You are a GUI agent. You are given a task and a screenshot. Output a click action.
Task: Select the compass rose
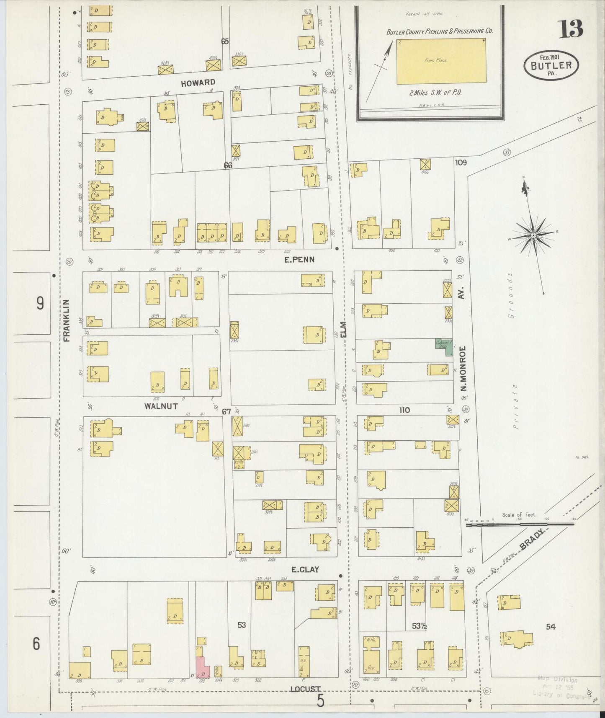533,235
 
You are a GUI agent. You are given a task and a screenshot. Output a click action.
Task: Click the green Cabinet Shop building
443,347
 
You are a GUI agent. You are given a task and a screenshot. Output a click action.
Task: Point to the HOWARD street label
198,83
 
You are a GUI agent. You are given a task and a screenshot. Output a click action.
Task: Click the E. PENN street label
299,260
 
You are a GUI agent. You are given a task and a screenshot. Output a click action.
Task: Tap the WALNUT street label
161,406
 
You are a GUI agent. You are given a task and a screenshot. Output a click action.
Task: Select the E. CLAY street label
305,569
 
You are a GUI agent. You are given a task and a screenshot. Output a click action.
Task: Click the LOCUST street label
307,689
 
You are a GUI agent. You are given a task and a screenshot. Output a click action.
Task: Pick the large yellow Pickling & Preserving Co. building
441,61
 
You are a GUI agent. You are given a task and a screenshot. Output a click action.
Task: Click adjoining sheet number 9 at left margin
40,303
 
